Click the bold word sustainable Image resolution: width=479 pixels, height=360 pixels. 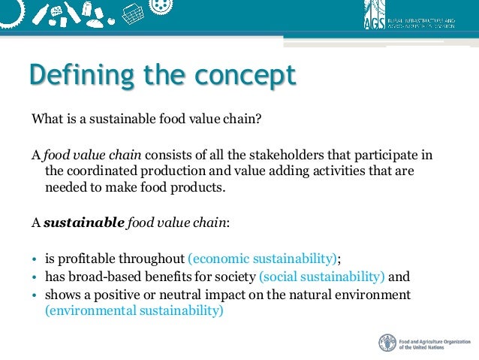tap(83, 222)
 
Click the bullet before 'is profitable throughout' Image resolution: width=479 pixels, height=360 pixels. tap(35, 259)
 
